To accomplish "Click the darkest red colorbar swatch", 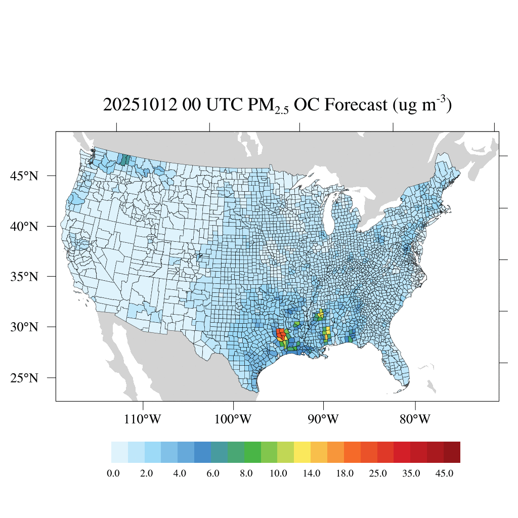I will pyautogui.click(x=452, y=452).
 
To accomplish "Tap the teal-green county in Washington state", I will pyautogui.click(x=123, y=160).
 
